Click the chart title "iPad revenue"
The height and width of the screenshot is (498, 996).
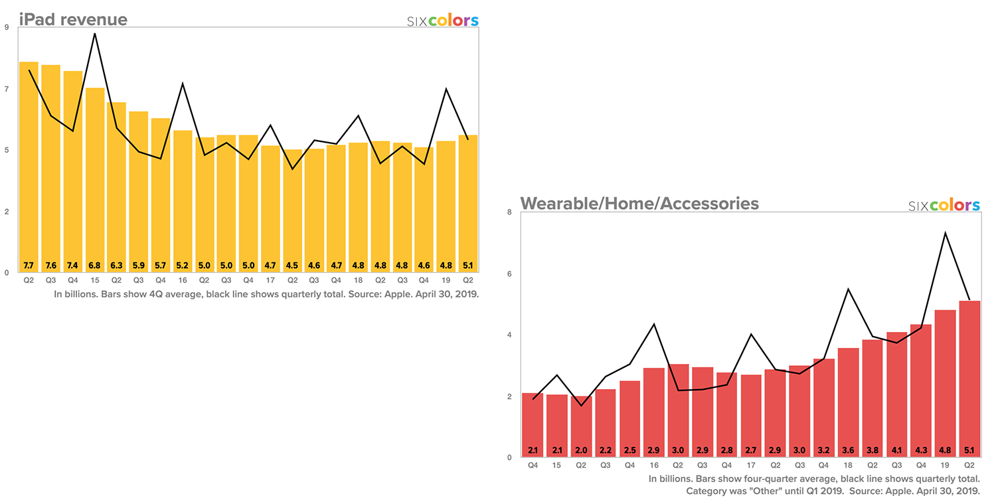tap(73, 19)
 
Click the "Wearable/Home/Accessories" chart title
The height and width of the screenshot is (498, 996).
tap(639, 203)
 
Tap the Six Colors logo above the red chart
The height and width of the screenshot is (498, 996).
tap(944, 205)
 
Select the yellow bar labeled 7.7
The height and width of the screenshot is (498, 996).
tap(29, 166)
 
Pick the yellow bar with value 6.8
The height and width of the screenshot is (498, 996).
tap(95, 179)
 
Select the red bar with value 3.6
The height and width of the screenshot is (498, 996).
tap(848, 402)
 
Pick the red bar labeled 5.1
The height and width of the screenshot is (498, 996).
tap(969, 378)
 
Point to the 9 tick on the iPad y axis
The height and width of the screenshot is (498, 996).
tap(7, 28)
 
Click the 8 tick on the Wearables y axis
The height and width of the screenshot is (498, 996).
tap(509, 212)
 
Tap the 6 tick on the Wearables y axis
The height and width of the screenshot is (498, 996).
tap(509, 274)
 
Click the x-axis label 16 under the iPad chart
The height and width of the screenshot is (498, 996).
tap(183, 280)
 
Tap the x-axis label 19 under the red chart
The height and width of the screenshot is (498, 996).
tap(944, 465)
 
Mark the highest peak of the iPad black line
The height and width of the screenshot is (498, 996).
tap(95, 33)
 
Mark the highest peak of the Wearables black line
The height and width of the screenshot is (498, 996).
tap(944, 232)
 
